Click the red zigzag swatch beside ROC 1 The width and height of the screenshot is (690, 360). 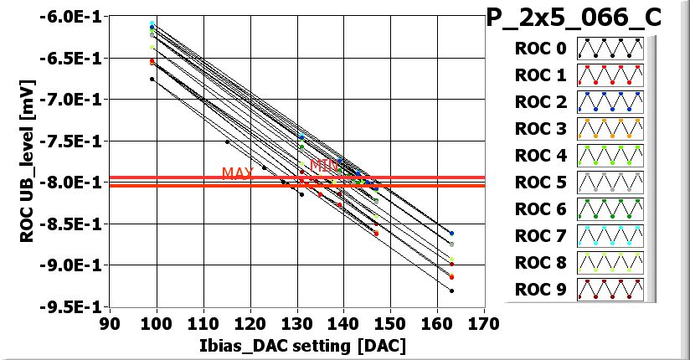[x=610, y=76]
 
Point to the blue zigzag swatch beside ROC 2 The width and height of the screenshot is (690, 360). [x=610, y=102]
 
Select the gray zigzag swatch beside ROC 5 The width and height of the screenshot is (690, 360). [x=610, y=182]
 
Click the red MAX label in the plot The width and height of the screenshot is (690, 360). [x=237, y=173]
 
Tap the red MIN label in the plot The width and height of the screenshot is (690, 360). [x=323, y=165]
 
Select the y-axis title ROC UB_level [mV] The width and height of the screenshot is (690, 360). [x=28, y=158]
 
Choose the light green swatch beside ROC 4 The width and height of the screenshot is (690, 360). [x=610, y=155]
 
